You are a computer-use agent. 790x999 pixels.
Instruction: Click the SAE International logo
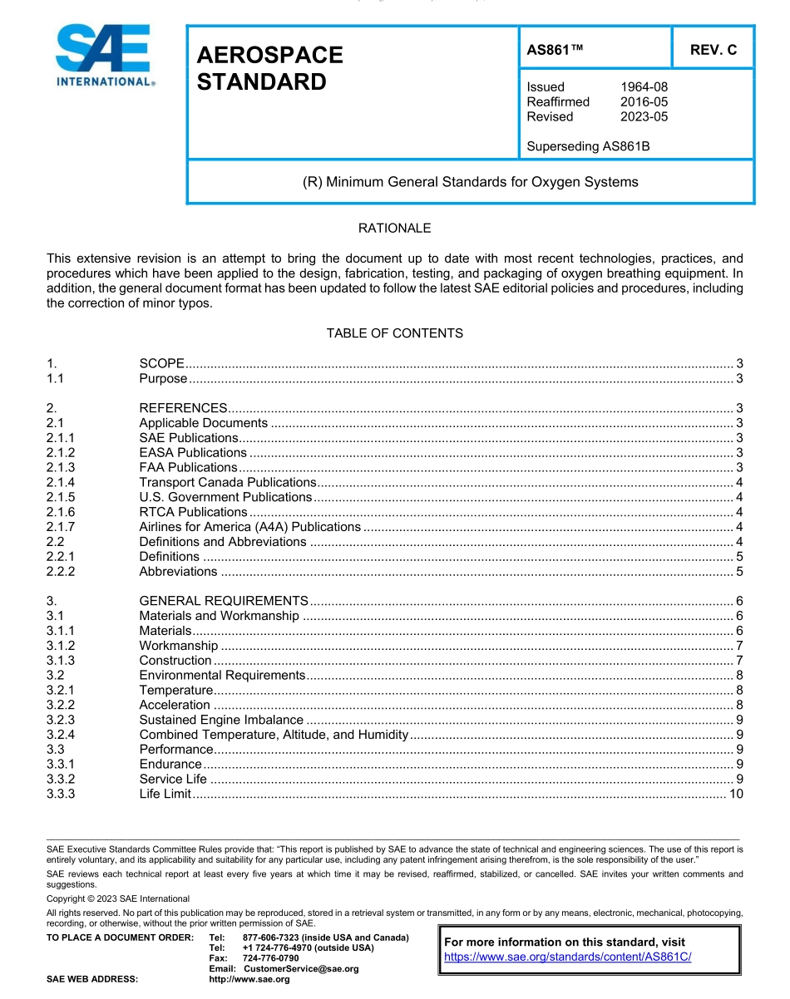[103, 56]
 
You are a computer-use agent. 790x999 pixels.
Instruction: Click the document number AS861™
[555, 50]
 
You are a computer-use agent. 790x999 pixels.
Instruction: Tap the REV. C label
[713, 50]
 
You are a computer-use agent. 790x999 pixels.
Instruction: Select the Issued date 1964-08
[644, 87]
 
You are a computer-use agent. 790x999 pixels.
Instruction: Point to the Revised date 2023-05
[644, 117]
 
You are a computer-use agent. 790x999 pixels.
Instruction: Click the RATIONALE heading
[394, 228]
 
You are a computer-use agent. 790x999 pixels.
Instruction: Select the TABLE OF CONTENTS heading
[394, 333]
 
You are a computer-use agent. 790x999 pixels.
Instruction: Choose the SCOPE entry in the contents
[161, 363]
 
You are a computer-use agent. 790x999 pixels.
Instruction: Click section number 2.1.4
[61, 482]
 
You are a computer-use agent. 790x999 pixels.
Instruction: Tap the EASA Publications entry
[193, 453]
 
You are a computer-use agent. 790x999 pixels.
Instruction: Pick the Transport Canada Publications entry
[227, 482]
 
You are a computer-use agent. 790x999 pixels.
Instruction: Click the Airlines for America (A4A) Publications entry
[249, 527]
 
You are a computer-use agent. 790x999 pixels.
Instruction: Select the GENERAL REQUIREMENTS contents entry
[224, 601]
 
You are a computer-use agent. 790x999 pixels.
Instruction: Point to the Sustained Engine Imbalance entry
[221, 720]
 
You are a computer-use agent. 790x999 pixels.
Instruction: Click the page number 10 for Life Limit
[735, 794]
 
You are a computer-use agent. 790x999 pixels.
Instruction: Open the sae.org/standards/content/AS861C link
[568, 957]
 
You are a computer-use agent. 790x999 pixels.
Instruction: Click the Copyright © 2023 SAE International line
[118, 898]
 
